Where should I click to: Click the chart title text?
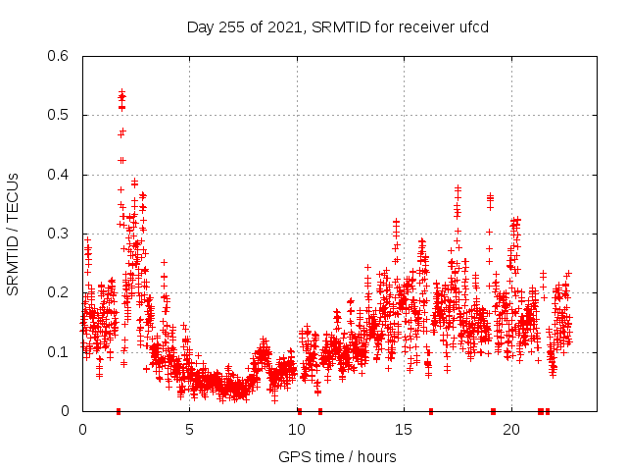click(x=337, y=26)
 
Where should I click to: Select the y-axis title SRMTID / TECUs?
click(x=13, y=234)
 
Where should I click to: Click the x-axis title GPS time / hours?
click(x=337, y=456)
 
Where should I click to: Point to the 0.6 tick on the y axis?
click(x=61, y=56)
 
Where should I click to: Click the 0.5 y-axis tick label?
click(x=61, y=115)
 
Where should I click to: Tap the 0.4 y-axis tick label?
click(x=61, y=175)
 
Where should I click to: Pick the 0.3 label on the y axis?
click(x=61, y=234)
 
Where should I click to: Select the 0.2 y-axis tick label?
click(x=61, y=292)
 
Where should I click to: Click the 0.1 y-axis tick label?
click(x=61, y=351)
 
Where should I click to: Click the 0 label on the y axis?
click(x=68, y=411)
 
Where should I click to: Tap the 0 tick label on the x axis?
click(x=82, y=430)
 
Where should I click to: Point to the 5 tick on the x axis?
click(x=189, y=430)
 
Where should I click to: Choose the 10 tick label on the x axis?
click(x=297, y=430)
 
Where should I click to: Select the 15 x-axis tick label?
click(x=404, y=430)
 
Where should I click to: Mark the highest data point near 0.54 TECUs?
click(x=121, y=92)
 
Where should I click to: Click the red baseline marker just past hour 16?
click(x=430, y=411)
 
